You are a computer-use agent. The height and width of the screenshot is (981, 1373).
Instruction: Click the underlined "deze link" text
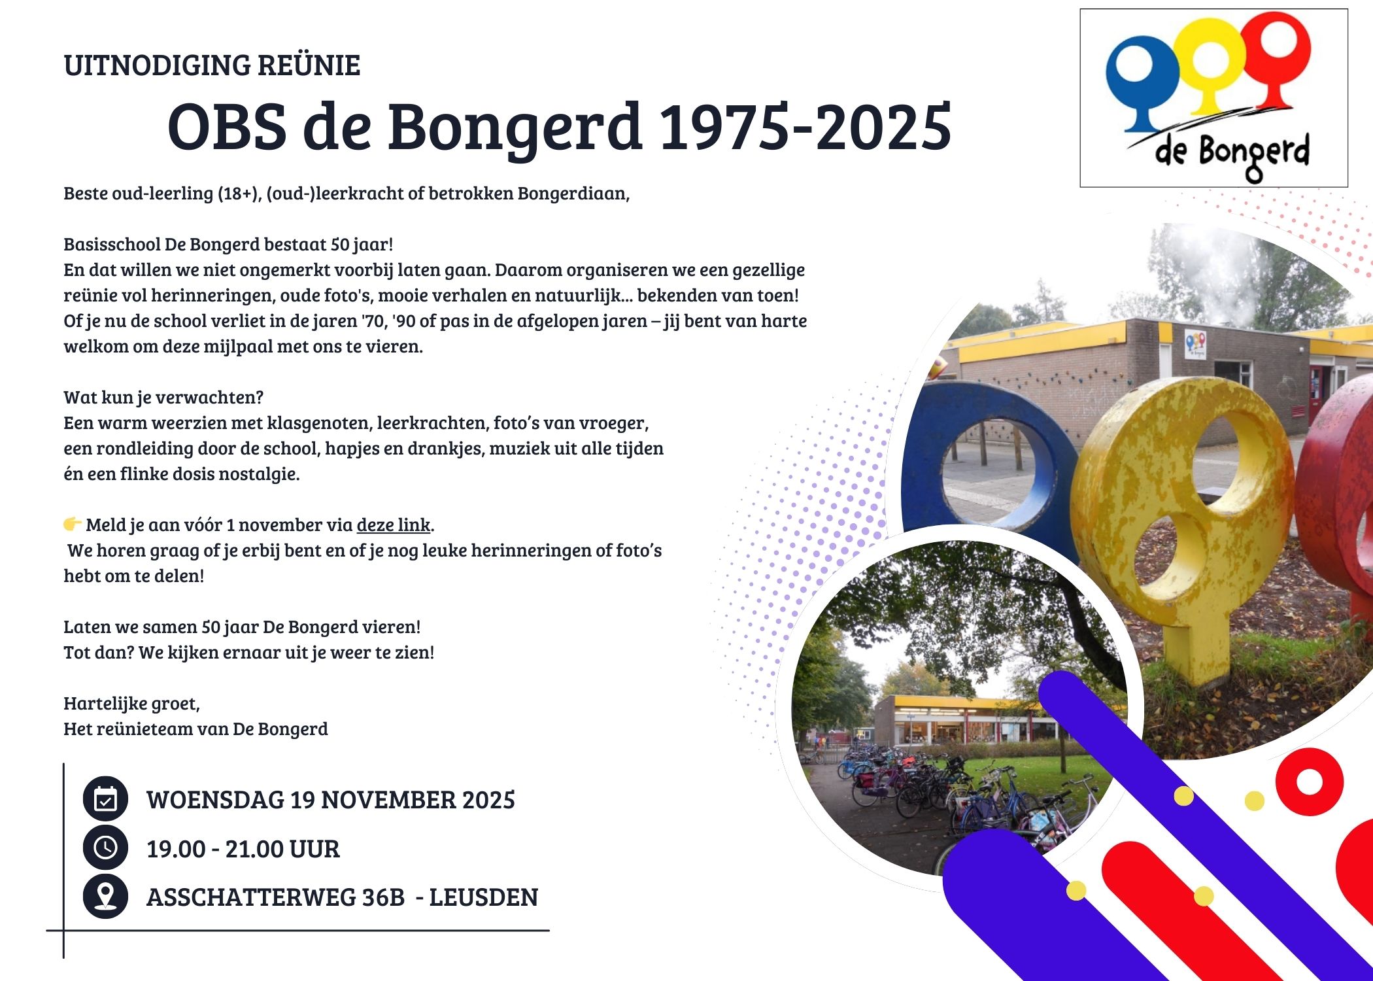(393, 525)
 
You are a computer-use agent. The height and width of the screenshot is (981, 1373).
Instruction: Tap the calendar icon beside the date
(105, 799)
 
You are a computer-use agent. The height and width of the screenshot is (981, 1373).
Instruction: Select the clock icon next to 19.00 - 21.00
(105, 848)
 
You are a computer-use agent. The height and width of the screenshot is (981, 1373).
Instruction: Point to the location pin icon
(105, 896)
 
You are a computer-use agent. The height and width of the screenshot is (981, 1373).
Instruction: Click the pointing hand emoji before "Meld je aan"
(73, 524)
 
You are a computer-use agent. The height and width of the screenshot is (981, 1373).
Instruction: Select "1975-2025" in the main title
(805, 126)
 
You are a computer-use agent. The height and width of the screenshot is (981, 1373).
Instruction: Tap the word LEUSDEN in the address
(483, 897)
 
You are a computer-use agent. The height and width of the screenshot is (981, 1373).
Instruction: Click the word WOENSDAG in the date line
(216, 800)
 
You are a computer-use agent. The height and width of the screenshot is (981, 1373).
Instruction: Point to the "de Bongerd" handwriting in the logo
(1232, 154)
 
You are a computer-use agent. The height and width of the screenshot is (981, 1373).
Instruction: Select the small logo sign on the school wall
(1195, 345)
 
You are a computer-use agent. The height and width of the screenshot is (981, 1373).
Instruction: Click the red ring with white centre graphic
(1309, 782)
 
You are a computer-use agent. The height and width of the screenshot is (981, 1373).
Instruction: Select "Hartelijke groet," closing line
(131, 704)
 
